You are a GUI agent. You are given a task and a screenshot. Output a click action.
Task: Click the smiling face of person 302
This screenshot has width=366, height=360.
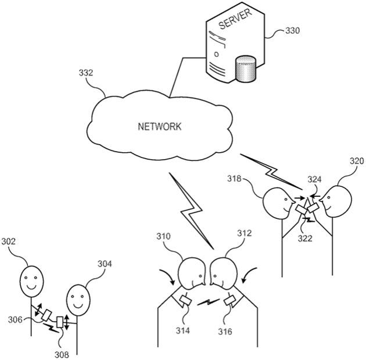(x=33, y=282)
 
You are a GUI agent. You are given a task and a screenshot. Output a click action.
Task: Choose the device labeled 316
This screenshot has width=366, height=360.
(x=229, y=301)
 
